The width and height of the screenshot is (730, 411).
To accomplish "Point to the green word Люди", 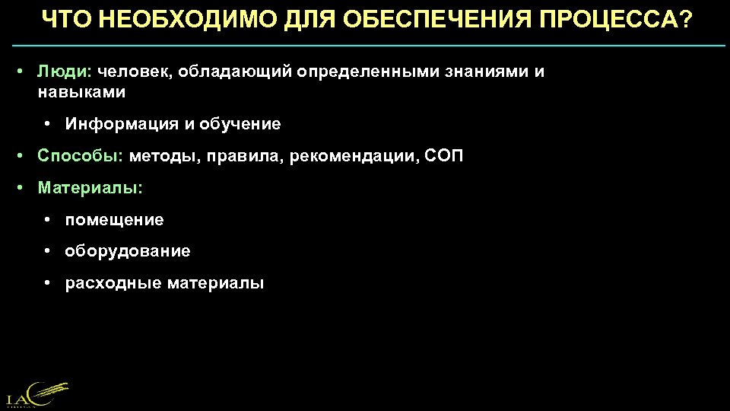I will pyautogui.click(x=65, y=72).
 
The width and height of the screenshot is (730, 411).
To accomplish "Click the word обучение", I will pyautogui.click(x=241, y=123).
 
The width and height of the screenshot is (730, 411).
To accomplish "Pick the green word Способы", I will pyautogui.click(x=80, y=156).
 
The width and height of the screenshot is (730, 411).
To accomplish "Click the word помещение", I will pyautogui.click(x=115, y=220).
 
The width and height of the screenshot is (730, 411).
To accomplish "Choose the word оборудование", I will pyautogui.click(x=128, y=250).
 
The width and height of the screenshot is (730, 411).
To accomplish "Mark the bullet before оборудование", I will pyautogui.click(x=47, y=250).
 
